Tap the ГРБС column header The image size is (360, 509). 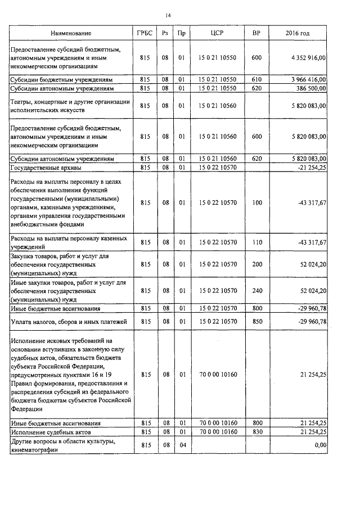click(x=145, y=34)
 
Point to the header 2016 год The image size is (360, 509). click(x=298, y=34)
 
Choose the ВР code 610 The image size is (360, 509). click(x=257, y=80)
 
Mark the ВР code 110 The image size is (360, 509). click(x=257, y=242)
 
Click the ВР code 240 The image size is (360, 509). click(x=257, y=291)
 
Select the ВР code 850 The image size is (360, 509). click(x=257, y=321)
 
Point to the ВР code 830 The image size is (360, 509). click(x=257, y=431)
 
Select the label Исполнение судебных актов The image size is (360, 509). click(x=50, y=431)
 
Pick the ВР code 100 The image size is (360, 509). click(x=257, y=202)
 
